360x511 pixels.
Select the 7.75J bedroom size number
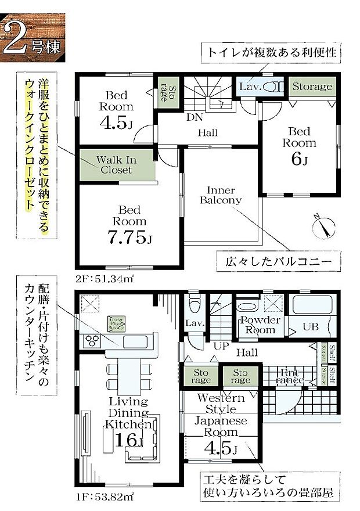tap(129, 237)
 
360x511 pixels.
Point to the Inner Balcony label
tap(220, 195)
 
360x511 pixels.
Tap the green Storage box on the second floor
tap(312, 87)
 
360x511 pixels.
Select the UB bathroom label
tap(311, 327)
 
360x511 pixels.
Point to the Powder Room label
tap(261, 325)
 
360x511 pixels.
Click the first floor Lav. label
tap(193, 323)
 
